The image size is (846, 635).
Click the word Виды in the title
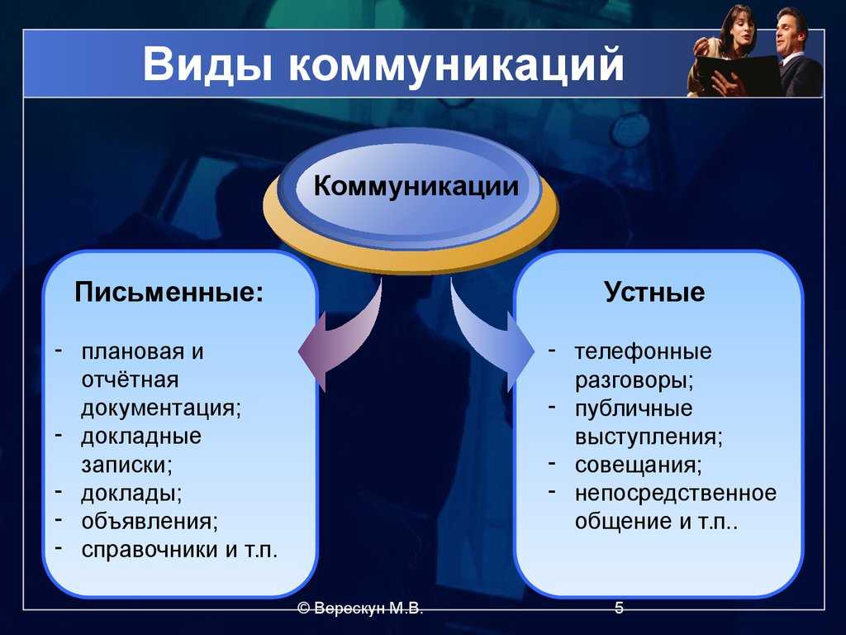click(x=207, y=64)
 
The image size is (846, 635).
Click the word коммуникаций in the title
click(x=456, y=66)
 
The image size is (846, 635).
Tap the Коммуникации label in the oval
click(x=416, y=186)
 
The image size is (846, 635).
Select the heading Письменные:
click(x=169, y=292)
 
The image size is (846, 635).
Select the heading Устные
click(x=654, y=292)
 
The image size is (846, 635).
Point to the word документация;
click(x=161, y=408)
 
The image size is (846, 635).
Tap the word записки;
click(x=126, y=465)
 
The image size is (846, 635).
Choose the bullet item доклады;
click(x=131, y=494)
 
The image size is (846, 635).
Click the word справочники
click(x=150, y=550)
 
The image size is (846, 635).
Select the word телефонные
click(x=643, y=352)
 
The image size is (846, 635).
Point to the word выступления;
click(x=649, y=437)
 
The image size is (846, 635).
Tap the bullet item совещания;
click(x=639, y=465)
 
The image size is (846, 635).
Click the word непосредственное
click(x=676, y=494)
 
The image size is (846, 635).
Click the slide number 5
click(x=619, y=608)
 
